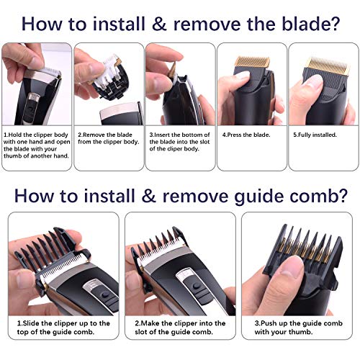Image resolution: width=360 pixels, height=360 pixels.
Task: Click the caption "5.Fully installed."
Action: pos(320,134)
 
